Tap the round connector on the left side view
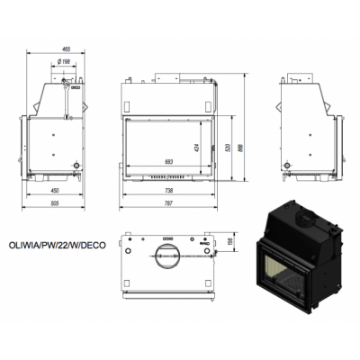pos(76,165)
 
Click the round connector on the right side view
pos(287,165)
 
